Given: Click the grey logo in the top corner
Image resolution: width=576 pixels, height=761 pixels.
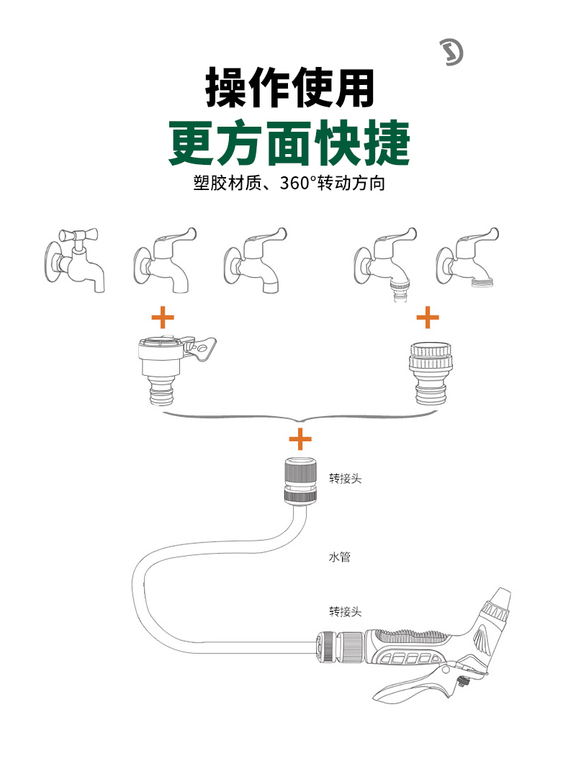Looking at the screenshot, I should pyautogui.click(x=451, y=51).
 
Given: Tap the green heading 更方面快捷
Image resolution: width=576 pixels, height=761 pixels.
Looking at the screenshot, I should pyautogui.click(x=289, y=143).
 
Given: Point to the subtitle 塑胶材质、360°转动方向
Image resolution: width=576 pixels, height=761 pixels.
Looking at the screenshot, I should pyautogui.click(x=289, y=183).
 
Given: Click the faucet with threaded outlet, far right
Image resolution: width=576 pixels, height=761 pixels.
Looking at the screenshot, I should pyautogui.click(x=468, y=258).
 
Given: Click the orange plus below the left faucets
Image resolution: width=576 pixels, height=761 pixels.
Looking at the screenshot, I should pyautogui.click(x=163, y=317).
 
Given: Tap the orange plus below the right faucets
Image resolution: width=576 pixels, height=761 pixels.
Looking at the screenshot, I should pyautogui.click(x=428, y=317).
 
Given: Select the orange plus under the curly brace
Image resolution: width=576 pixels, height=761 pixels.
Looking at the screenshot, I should pyautogui.click(x=300, y=438).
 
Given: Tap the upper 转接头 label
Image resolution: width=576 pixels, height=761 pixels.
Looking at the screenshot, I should pyautogui.click(x=345, y=478).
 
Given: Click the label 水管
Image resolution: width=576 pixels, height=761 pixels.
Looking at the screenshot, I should pyautogui.click(x=339, y=557).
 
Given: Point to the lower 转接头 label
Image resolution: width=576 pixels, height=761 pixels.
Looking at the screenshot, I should pyautogui.click(x=345, y=612).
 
